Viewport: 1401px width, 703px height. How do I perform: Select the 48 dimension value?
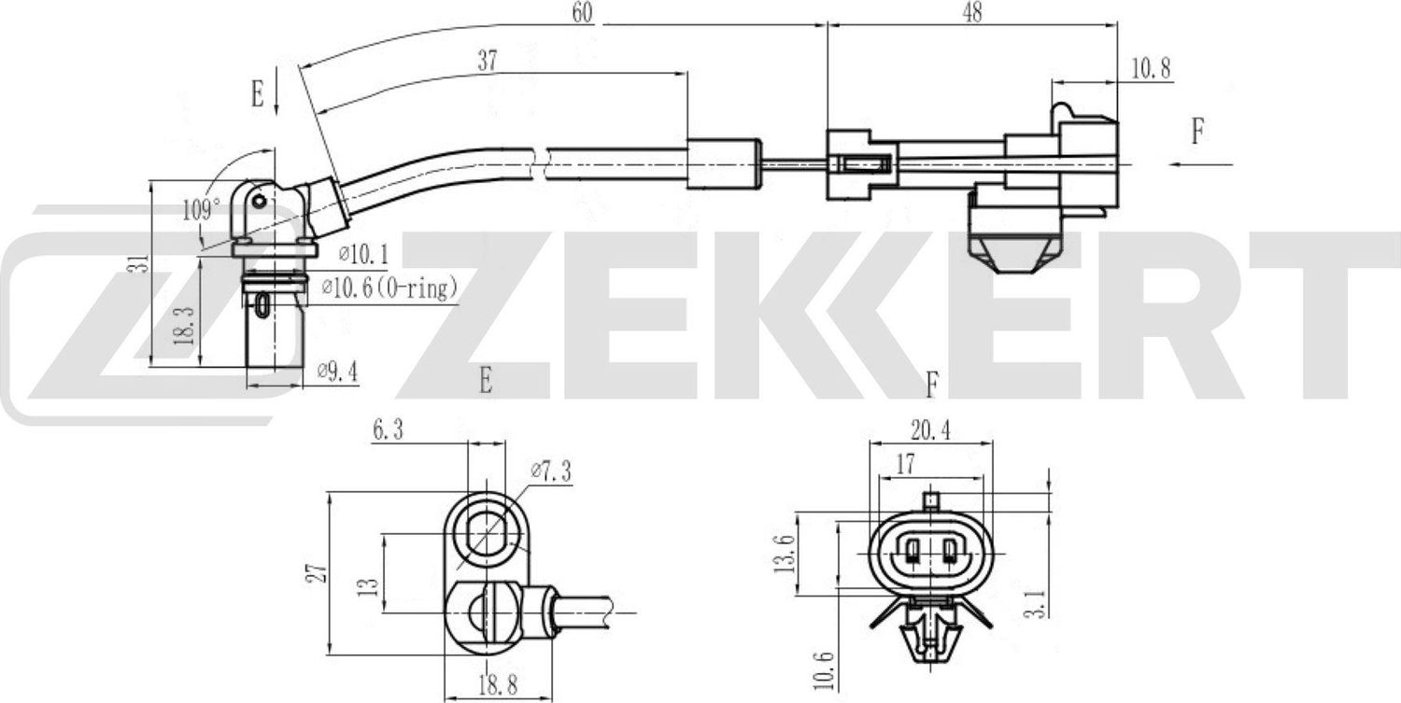coord(971,12)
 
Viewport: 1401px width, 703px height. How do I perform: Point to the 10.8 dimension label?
coord(1151,68)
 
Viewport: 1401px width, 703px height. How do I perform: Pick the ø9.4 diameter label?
coord(338,372)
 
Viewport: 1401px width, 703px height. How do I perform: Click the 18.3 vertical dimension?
coord(186,324)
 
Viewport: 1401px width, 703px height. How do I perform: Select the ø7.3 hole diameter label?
coord(551,472)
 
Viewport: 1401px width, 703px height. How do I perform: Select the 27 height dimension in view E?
coord(318,572)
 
